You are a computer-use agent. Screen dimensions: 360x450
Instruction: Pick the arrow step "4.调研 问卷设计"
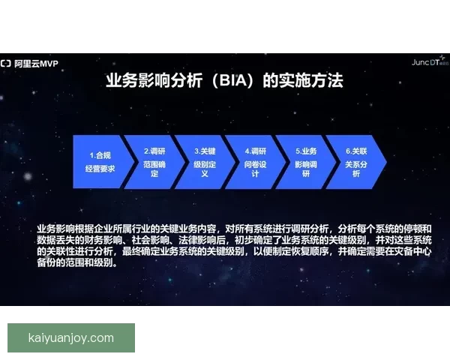(255, 161)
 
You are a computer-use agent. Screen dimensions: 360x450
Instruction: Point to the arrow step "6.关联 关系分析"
(355, 161)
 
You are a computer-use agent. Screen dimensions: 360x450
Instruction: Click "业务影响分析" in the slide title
(145, 80)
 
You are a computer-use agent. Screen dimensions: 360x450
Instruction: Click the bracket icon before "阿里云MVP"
(5, 63)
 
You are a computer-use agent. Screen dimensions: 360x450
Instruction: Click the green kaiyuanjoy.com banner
(71, 337)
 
